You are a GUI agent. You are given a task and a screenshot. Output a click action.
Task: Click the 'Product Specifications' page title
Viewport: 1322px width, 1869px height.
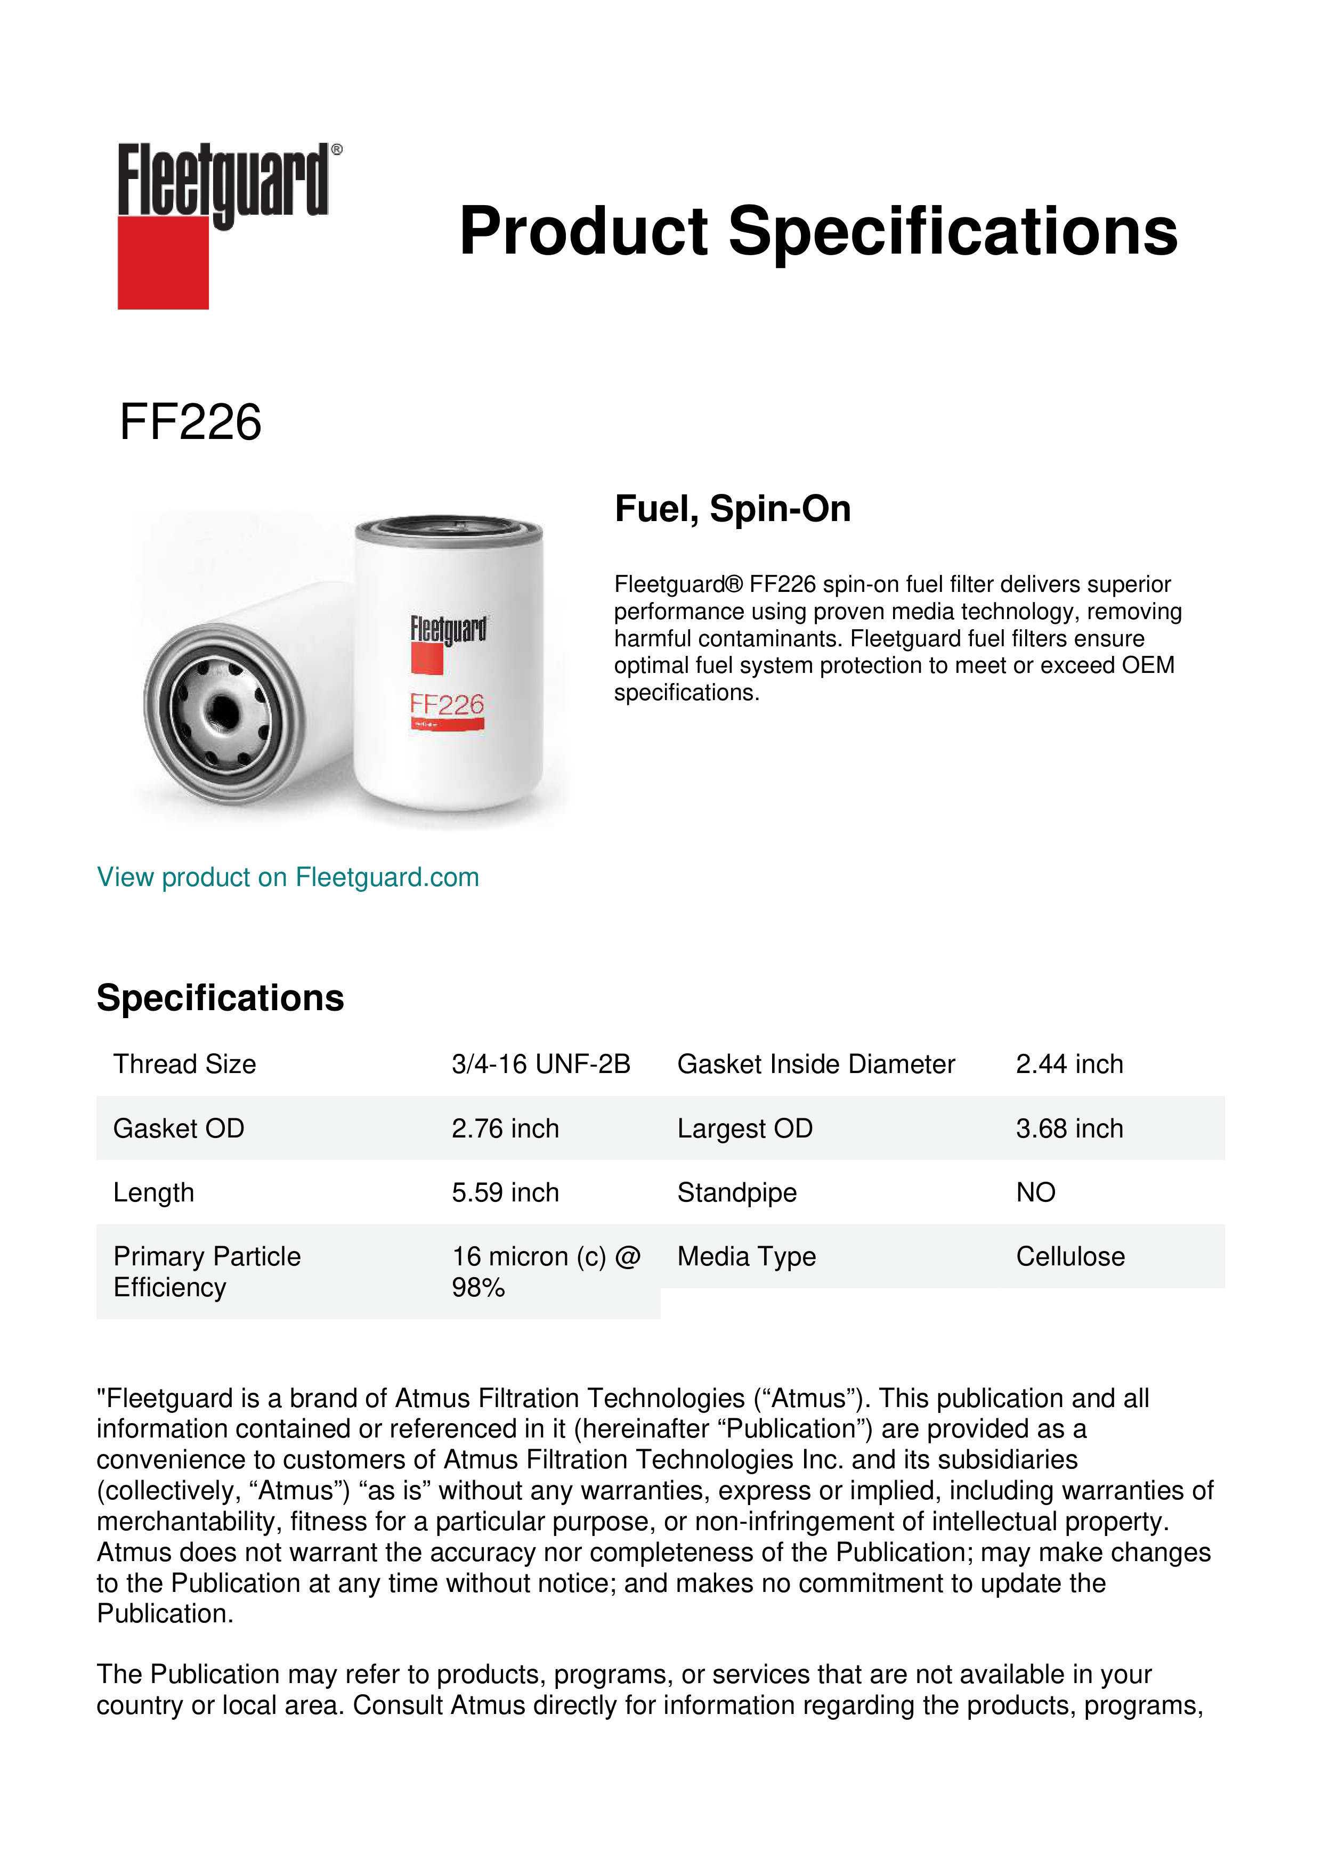tap(818, 231)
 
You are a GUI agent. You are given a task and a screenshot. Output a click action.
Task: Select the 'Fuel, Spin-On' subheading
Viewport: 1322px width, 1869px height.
tap(733, 509)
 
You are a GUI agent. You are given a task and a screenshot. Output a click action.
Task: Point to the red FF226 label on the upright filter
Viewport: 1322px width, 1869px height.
tap(447, 704)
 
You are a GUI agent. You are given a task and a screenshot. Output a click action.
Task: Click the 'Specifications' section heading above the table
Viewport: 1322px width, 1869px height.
tap(220, 998)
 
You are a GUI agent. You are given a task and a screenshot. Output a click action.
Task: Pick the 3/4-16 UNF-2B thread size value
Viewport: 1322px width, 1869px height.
tap(540, 1064)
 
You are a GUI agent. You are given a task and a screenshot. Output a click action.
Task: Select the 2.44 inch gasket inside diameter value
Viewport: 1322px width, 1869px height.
tap(1069, 1064)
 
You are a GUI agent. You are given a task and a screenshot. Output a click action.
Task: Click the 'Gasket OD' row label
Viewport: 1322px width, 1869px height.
tap(179, 1128)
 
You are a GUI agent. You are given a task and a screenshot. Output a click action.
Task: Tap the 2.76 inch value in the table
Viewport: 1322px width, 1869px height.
tap(505, 1128)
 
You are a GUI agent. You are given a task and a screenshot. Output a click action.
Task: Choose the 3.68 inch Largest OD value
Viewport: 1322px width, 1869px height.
tap(1069, 1128)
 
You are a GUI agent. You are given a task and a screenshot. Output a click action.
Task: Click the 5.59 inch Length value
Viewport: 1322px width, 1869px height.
tap(505, 1192)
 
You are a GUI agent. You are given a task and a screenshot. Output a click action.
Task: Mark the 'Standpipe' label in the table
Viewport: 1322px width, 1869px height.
tap(737, 1192)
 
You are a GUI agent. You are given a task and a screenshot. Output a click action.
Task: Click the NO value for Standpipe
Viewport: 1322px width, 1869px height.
tap(1035, 1192)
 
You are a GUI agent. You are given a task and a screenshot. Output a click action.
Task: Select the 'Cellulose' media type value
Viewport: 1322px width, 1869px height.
tap(1069, 1257)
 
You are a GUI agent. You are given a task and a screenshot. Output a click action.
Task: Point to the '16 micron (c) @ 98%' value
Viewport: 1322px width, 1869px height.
tap(546, 1272)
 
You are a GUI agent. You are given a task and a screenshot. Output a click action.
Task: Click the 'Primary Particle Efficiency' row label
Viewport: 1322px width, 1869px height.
tap(207, 1272)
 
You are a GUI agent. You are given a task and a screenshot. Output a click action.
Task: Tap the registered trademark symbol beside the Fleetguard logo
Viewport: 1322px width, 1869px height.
tap(337, 150)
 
